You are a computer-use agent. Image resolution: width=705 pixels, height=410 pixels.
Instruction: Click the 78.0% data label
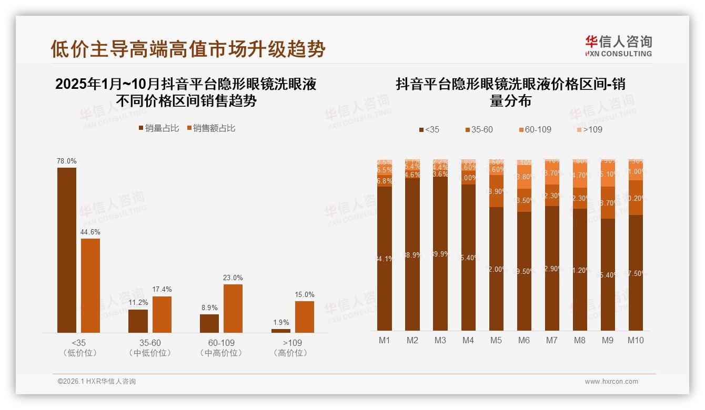(67, 161)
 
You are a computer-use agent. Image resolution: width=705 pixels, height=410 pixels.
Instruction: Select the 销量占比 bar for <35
(67, 250)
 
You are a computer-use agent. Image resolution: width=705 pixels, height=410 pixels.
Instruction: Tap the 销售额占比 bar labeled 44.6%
(90, 285)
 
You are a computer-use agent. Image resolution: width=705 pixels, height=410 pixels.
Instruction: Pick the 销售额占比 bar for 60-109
(233, 309)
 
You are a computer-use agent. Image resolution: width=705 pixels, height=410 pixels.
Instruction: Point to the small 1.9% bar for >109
(281, 331)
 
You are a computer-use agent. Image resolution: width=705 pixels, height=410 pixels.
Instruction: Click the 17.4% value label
(162, 290)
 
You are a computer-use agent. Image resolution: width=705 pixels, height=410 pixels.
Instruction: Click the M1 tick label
(385, 341)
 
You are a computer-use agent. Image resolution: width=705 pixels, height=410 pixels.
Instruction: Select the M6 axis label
(524, 341)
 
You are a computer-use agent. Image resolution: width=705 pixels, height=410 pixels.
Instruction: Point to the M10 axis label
(636, 341)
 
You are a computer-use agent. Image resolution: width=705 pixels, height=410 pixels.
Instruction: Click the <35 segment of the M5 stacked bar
(496, 269)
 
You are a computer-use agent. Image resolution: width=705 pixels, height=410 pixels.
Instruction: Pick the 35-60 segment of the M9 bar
(608, 202)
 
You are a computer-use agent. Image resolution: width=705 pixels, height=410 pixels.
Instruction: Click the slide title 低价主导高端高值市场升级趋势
(188, 49)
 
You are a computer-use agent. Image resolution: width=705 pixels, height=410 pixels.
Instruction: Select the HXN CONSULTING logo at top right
(618, 46)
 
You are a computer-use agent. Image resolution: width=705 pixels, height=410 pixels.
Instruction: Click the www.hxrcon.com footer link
(611, 382)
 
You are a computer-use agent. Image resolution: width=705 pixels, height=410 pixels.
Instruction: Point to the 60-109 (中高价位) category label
(221, 348)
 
